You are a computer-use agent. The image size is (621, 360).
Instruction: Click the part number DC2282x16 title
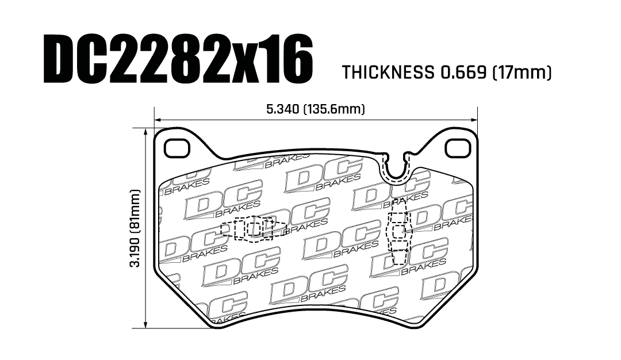(x=178, y=59)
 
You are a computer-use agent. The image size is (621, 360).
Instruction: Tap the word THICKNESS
(x=387, y=73)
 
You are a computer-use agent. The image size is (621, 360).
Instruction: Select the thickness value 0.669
(x=462, y=73)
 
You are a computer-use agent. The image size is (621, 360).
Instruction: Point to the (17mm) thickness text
(x=522, y=73)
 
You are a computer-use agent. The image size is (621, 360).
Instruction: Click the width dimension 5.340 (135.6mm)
(x=316, y=109)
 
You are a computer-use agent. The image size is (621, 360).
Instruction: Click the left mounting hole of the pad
(x=177, y=149)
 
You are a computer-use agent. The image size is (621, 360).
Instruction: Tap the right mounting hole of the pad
(x=457, y=149)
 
